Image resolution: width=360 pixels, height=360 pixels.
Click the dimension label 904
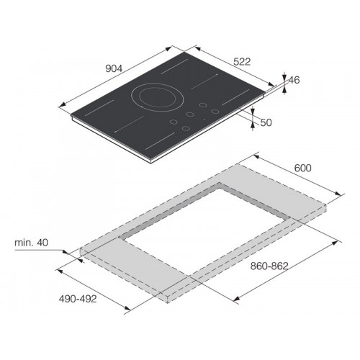tap(114, 68)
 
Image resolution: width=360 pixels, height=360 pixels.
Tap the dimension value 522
tap(242, 62)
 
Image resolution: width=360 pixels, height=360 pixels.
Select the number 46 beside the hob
tap(294, 80)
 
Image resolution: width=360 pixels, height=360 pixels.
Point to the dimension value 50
tap(266, 122)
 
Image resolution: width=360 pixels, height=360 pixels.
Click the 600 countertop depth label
tap(302, 168)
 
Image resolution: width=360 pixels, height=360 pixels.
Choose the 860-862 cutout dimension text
tap(269, 266)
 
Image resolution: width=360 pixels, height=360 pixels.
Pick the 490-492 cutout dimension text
tap(78, 299)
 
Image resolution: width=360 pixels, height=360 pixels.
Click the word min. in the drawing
tap(24, 243)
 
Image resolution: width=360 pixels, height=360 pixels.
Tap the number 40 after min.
tap(42, 243)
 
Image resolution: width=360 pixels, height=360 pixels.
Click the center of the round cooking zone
tap(158, 97)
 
